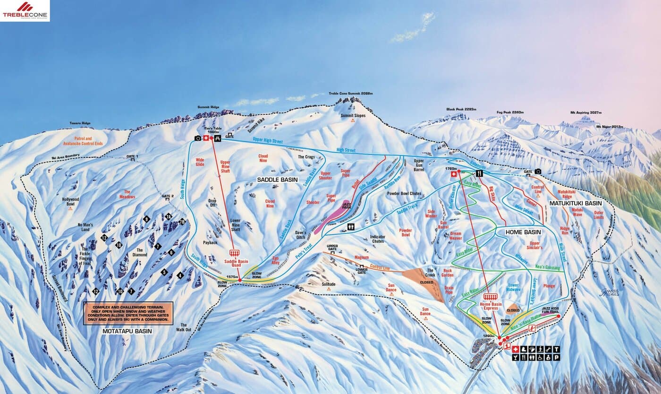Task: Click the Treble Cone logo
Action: pos(25,10)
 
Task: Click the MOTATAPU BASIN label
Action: pos(127,331)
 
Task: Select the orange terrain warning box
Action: pos(128,313)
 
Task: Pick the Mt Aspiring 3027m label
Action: pos(585,113)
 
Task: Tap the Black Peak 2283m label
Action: pos(461,109)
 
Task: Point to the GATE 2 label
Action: pos(168,196)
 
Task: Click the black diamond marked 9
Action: pos(146,219)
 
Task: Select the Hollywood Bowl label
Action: pos(71,201)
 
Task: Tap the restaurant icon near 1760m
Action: pos(479,173)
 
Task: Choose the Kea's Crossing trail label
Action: pos(547,268)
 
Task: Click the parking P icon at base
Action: pos(556,358)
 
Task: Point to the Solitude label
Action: pos(328,284)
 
